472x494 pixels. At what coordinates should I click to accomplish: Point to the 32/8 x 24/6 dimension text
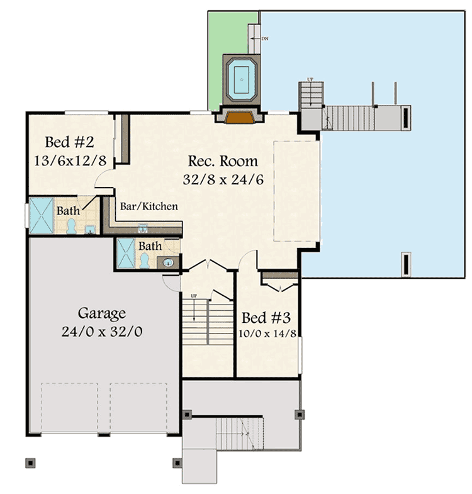click(223, 179)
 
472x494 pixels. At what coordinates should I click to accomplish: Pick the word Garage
click(102, 313)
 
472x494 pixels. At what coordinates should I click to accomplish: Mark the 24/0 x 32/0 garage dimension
click(102, 331)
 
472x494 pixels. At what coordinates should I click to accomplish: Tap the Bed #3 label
click(268, 318)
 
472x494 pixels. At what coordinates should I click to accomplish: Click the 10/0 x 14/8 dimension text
click(268, 334)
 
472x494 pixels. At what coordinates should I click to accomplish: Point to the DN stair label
click(265, 38)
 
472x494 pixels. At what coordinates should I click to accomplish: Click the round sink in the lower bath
click(169, 262)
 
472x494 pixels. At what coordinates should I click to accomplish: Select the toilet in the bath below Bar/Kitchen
click(145, 259)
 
